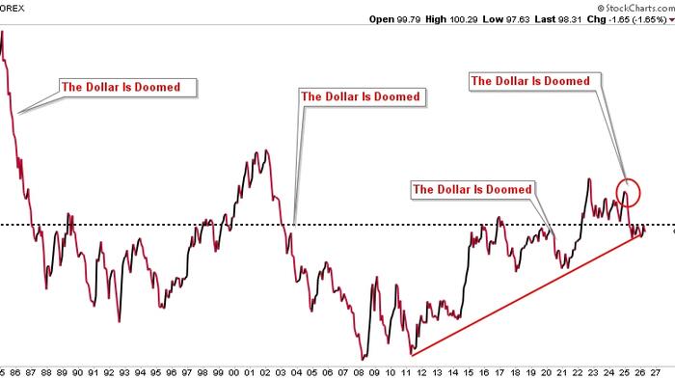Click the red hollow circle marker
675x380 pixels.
pos(629,192)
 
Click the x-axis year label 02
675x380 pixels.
pos(266,370)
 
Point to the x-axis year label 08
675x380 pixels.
pos(361,370)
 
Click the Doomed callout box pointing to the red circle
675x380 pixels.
pos(529,81)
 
